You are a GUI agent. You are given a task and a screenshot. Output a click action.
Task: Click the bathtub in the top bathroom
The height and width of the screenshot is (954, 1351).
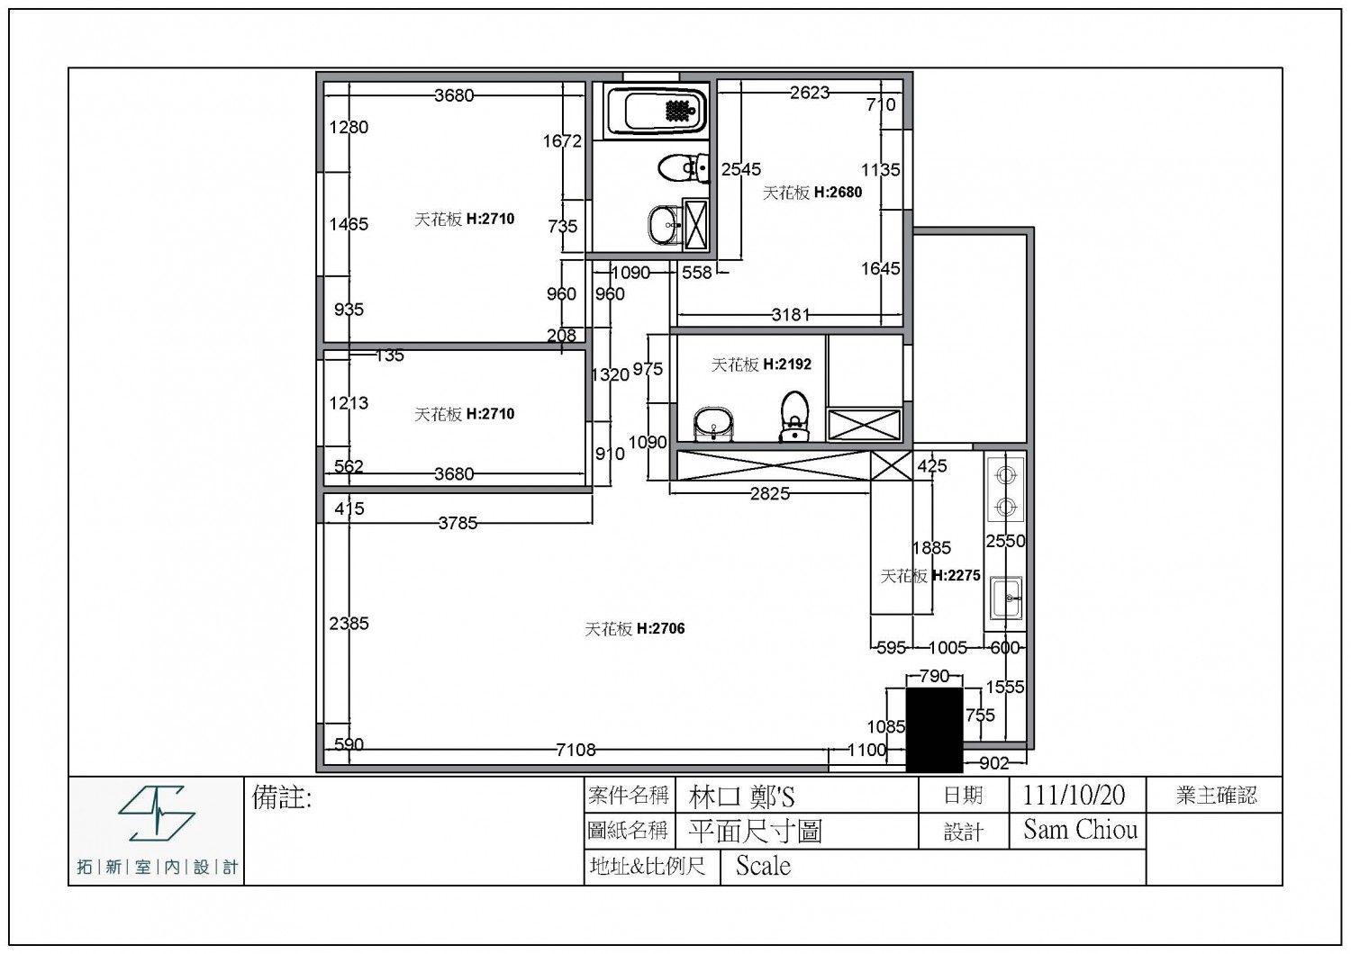[x=656, y=111]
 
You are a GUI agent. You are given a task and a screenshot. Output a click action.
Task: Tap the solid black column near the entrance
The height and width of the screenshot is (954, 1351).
[x=934, y=730]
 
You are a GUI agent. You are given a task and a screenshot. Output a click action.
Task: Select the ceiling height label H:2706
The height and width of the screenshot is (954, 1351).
[x=660, y=628]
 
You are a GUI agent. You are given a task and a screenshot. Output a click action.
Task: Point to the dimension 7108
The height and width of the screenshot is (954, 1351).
[x=576, y=750]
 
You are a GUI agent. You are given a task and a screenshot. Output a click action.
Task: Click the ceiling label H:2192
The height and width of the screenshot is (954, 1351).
[x=786, y=364]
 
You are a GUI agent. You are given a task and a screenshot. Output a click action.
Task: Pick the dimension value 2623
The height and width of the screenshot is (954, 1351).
[x=810, y=92]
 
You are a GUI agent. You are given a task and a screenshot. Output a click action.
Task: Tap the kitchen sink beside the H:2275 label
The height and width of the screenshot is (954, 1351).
[x=1006, y=598]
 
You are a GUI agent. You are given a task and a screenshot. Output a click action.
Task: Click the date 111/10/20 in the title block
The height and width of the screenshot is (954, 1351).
[x=1074, y=796]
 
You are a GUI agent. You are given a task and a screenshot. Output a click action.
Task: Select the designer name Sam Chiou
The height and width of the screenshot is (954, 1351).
[x=1080, y=830]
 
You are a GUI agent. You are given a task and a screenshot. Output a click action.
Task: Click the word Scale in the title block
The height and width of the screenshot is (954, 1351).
[x=763, y=866]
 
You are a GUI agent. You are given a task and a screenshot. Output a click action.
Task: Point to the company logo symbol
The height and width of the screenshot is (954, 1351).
[x=156, y=813]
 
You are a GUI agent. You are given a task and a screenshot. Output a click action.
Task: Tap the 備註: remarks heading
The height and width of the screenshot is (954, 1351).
[x=282, y=798]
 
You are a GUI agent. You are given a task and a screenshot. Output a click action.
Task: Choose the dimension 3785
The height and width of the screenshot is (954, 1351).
[x=458, y=523]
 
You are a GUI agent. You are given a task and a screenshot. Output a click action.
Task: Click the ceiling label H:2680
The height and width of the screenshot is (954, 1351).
[x=838, y=193]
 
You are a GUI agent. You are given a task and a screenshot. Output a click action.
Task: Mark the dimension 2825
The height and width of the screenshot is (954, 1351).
[x=769, y=493]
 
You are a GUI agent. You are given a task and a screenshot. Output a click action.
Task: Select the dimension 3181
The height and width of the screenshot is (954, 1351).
[x=791, y=315]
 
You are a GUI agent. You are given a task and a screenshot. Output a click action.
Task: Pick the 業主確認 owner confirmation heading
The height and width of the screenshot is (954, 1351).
[x=1216, y=796]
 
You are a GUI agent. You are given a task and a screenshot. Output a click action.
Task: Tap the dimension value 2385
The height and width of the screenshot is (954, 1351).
[x=349, y=623]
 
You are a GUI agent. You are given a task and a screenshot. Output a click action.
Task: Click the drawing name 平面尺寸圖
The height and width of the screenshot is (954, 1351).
[x=756, y=831]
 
